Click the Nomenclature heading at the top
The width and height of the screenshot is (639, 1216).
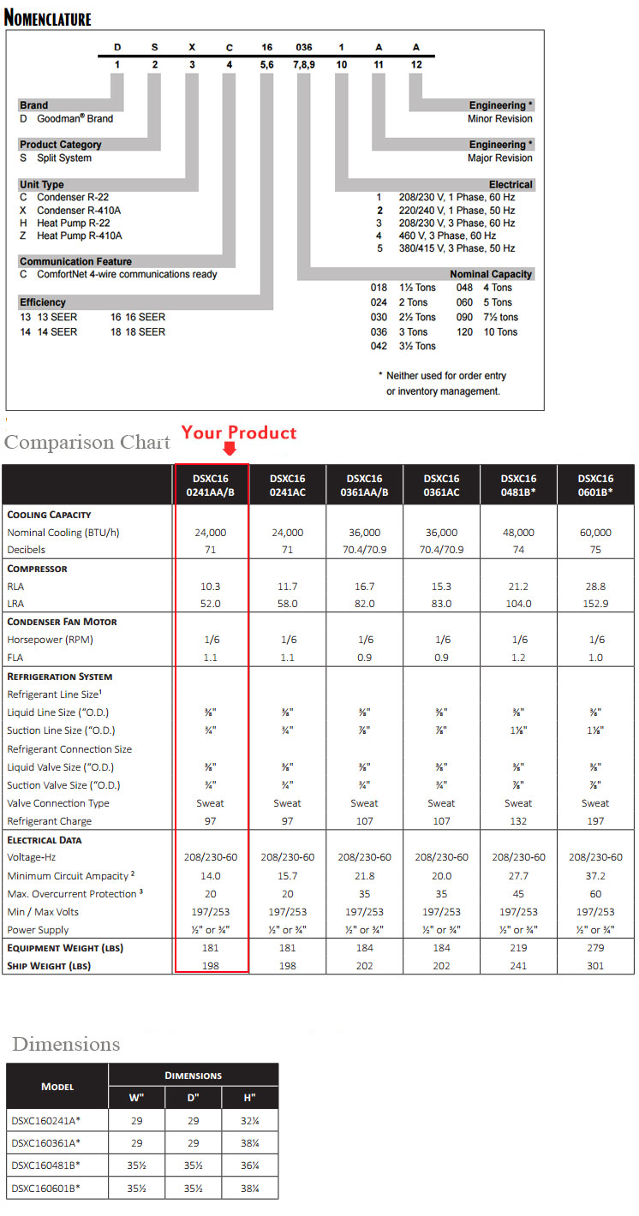coord(48,17)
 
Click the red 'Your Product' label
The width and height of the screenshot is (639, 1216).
coord(238,432)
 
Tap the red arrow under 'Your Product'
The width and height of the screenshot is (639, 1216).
coord(229,450)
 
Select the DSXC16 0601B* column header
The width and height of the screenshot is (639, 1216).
coord(595,485)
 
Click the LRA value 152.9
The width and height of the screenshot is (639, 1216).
coord(595,604)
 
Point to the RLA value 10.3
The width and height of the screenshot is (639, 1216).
coord(211,587)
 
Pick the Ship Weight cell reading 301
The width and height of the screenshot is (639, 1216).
coord(595,966)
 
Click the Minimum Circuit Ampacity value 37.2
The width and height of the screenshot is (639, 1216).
coord(595,876)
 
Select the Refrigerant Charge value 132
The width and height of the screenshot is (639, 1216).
coord(518,821)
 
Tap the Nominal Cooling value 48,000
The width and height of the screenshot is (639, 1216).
coord(518,532)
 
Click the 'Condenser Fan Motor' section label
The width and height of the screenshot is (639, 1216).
coord(63,622)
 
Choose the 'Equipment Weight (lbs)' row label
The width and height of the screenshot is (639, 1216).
coord(66,948)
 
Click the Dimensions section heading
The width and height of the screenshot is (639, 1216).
coord(66,1044)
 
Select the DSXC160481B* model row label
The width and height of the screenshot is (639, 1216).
coord(47,1165)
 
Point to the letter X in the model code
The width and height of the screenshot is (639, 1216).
coord(192,50)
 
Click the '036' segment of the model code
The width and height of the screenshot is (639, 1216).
coord(303,50)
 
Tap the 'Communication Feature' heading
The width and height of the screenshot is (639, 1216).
coord(75,261)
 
